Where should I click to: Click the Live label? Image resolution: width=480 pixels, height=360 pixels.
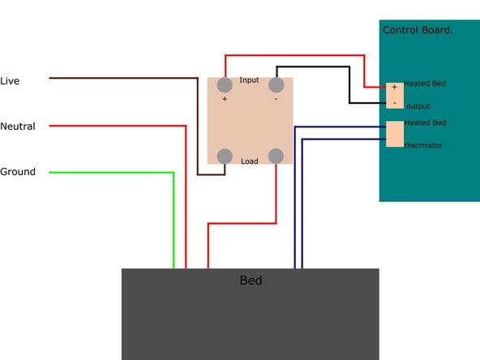coord(10,81)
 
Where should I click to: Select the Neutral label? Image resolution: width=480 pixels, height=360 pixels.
coord(18,126)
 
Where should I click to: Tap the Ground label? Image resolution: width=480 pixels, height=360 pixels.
coord(18,171)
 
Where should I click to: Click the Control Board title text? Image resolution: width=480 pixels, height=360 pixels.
coord(418,30)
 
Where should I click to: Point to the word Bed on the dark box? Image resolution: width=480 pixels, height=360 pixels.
coord(251,281)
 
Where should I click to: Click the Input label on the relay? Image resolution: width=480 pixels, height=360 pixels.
coord(249,80)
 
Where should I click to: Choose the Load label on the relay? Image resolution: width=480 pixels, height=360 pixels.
coord(250,161)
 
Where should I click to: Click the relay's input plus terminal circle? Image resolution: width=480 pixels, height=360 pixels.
coord(225,85)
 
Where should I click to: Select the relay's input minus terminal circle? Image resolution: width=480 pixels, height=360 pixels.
coord(276,85)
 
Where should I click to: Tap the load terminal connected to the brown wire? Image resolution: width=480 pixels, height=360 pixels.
coord(225,156)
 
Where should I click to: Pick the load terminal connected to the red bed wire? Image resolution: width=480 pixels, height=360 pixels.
coord(276,156)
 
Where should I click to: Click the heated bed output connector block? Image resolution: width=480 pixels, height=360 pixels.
coord(395,96)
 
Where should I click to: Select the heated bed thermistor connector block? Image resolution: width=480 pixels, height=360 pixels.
coord(395,134)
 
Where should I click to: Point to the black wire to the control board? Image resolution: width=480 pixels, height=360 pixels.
coord(349,66)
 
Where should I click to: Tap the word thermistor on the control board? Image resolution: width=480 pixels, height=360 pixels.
coord(423,145)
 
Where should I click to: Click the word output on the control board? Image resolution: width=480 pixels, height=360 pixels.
coord(418,106)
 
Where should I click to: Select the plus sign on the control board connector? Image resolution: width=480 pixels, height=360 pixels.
coord(394,88)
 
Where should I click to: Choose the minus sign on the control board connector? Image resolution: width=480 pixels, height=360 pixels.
coord(394,103)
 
